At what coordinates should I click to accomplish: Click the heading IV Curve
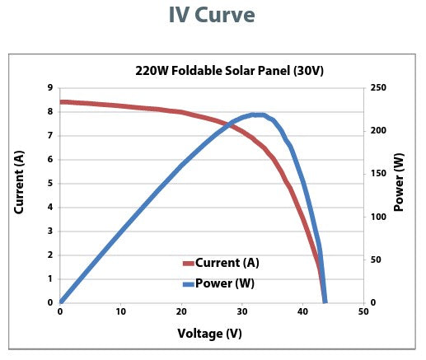click(x=213, y=15)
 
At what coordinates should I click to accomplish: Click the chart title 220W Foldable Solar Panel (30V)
click(x=229, y=70)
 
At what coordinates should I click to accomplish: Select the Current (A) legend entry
click(x=227, y=263)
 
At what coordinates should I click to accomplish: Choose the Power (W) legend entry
click(x=225, y=283)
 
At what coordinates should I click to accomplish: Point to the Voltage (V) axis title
click(x=210, y=334)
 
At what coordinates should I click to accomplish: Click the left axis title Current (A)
click(x=20, y=182)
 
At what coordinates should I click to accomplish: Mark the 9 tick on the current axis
click(x=49, y=87)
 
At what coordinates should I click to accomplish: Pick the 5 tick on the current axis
click(x=49, y=183)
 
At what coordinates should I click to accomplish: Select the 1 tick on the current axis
click(x=49, y=278)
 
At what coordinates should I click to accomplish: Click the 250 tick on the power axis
click(x=379, y=87)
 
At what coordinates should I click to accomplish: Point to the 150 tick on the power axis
click(x=379, y=174)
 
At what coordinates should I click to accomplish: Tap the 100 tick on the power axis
click(x=379, y=217)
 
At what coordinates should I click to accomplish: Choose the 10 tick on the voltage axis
click(x=120, y=313)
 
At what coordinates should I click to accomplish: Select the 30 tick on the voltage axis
click(x=242, y=313)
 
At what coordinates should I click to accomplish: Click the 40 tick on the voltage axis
click(x=302, y=313)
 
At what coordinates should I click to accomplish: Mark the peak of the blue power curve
click(x=258, y=115)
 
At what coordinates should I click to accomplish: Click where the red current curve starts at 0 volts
click(x=61, y=102)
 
